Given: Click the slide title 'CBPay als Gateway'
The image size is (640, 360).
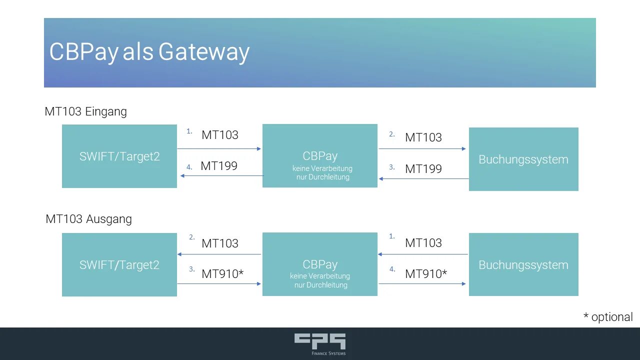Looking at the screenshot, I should coord(149,52).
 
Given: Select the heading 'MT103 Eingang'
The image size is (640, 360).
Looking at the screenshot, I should coord(85,111).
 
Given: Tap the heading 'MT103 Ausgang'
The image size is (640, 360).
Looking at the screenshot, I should coord(88,219).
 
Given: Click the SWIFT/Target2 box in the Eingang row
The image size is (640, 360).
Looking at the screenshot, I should coord(119,156).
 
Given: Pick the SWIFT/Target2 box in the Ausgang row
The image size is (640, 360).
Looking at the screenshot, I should coord(119,264).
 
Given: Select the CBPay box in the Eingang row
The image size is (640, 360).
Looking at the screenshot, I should coord(320,156).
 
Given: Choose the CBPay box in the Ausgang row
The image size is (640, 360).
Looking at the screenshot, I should coord(320,264).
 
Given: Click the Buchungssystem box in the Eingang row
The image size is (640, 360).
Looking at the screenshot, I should coord(523,159).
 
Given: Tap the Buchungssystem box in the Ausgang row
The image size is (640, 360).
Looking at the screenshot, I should coord(523,264).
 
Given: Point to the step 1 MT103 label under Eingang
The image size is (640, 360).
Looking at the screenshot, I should coord(220,135).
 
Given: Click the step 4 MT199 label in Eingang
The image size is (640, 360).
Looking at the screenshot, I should coord(218,166).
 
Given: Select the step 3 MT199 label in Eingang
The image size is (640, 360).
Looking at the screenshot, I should coord(423,169).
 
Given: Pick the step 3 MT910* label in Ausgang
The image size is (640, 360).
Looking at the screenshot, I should coord(222,274).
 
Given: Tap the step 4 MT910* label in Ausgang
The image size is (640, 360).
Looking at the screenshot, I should coord(426,274).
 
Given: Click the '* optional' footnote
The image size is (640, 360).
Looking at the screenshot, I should coord(608,317).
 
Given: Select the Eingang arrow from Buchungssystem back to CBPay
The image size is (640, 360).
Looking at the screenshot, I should coord(424,178).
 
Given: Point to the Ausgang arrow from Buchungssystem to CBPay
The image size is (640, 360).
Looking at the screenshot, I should coord(423,254).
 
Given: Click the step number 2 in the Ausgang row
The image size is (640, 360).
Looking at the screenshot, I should coord(191,237).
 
